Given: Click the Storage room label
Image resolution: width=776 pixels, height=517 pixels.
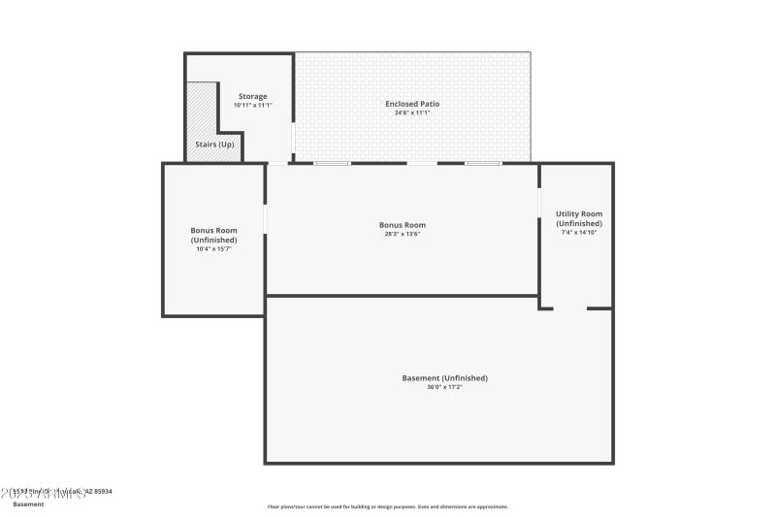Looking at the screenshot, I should click(x=252, y=96).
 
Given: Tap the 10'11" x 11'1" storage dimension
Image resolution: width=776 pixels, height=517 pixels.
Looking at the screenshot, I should click(x=252, y=105).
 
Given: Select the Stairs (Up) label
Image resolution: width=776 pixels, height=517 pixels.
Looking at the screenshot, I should click(x=214, y=145).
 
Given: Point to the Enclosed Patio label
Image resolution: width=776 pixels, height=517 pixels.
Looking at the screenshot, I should click(x=412, y=103).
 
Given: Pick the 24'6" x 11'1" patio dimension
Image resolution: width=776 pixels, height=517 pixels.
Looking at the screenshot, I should click(x=412, y=113).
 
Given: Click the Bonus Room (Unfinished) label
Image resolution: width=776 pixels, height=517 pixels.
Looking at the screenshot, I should click(x=213, y=235).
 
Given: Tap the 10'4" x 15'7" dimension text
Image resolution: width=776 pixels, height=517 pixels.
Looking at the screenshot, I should click(x=213, y=249).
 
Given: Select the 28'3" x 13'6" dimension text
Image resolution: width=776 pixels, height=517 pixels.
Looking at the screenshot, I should click(x=402, y=234).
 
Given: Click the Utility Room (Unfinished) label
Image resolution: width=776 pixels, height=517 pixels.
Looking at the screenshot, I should click(x=578, y=218).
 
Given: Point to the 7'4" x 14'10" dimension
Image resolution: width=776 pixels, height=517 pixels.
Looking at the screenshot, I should click(x=578, y=233).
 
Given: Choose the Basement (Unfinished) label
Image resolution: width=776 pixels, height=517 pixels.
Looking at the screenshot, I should click(x=444, y=377).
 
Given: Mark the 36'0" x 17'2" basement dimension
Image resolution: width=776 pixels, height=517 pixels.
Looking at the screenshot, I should click(x=444, y=387).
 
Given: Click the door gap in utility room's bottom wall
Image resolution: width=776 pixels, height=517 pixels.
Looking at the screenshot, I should click(x=570, y=308).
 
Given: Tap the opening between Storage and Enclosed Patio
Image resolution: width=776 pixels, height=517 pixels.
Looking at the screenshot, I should click(x=294, y=137).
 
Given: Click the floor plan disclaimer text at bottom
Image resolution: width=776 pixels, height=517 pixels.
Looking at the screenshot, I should click(x=388, y=506).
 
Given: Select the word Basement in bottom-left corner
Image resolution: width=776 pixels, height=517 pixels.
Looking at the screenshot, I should click(x=28, y=504).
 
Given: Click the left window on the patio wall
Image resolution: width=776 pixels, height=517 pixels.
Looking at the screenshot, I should click(x=331, y=163).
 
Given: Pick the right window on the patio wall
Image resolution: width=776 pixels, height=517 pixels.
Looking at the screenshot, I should click(x=482, y=163).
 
